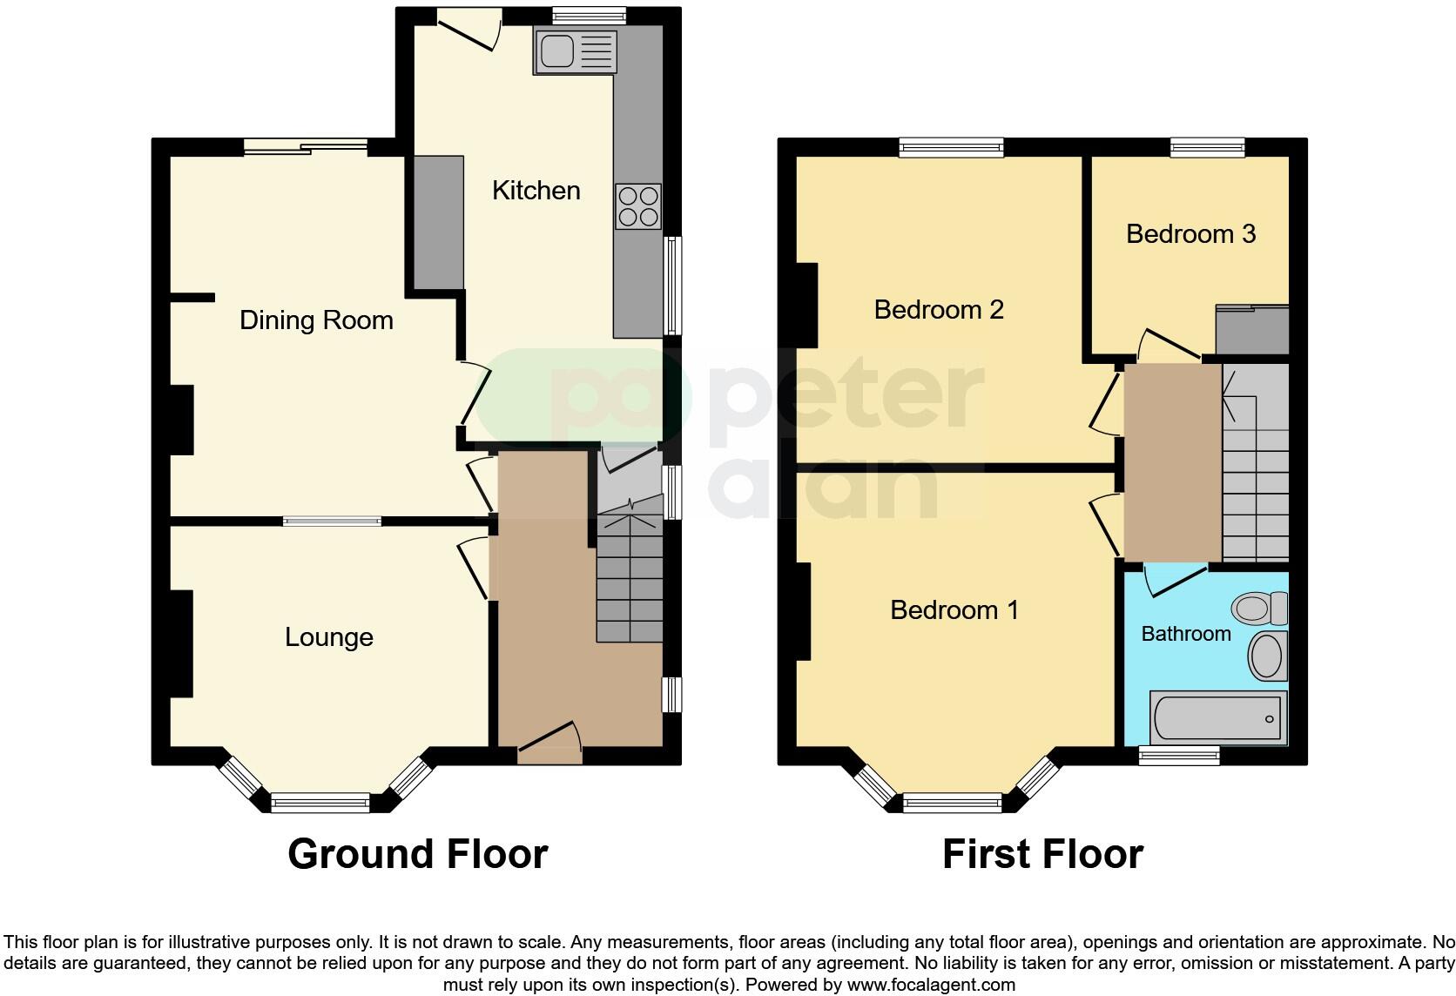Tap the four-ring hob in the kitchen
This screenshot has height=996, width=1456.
pyautogui.click(x=638, y=206)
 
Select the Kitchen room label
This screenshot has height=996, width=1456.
pyautogui.click(x=536, y=191)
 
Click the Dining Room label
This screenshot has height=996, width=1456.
pyautogui.click(x=316, y=320)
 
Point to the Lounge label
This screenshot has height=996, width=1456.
pyautogui.click(x=328, y=637)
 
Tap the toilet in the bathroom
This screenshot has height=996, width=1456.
pyautogui.click(x=1261, y=607)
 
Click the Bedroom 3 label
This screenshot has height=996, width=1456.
pyautogui.click(x=1190, y=234)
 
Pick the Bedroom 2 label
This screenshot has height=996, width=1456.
pyautogui.click(x=939, y=309)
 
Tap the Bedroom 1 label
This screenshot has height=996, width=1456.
pyautogui.click(x=954, y=609)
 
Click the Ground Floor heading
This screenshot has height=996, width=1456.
pyautogui.click(x=417, y=854)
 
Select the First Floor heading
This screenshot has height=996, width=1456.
pyautogui.click(x=1042, y=854)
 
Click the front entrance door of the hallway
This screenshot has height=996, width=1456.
pyautogui.click(x=550, y=743)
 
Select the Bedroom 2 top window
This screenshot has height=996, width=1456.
pyautogui.click(x=951, y=147)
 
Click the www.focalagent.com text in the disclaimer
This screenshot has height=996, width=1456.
pyautogui.click(x=931, y=986)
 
